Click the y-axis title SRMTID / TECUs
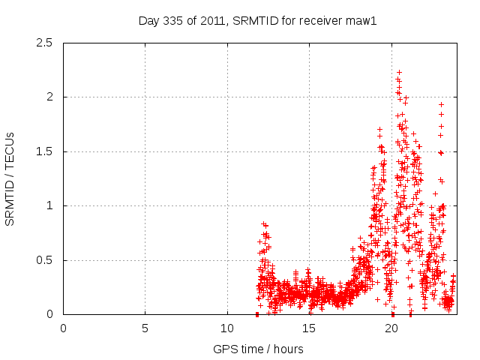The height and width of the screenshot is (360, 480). pyautogui.click(x=10, y=178)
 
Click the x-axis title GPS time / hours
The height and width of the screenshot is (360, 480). pyautogui.click(x=258, y=349)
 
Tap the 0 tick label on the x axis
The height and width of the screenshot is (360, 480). pyautogui.click(x=63, y=328)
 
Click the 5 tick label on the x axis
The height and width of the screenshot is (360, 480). pyautogui.click(x=145, y=328)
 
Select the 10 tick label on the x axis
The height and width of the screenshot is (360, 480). pyautogui.click(x=226, y=328)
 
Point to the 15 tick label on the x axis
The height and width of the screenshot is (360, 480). pyautogui.click(x=309, y=328)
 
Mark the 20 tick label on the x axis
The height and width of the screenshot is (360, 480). pyautogui.click(x=391, y=328)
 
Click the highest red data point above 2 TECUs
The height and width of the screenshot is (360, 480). pyautogui.click(x=399, y=73)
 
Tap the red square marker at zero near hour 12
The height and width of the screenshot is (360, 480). pyautogui.click(x=257, y=314)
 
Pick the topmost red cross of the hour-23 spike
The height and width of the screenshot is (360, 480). pyautogui.click(x=441, y=105)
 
